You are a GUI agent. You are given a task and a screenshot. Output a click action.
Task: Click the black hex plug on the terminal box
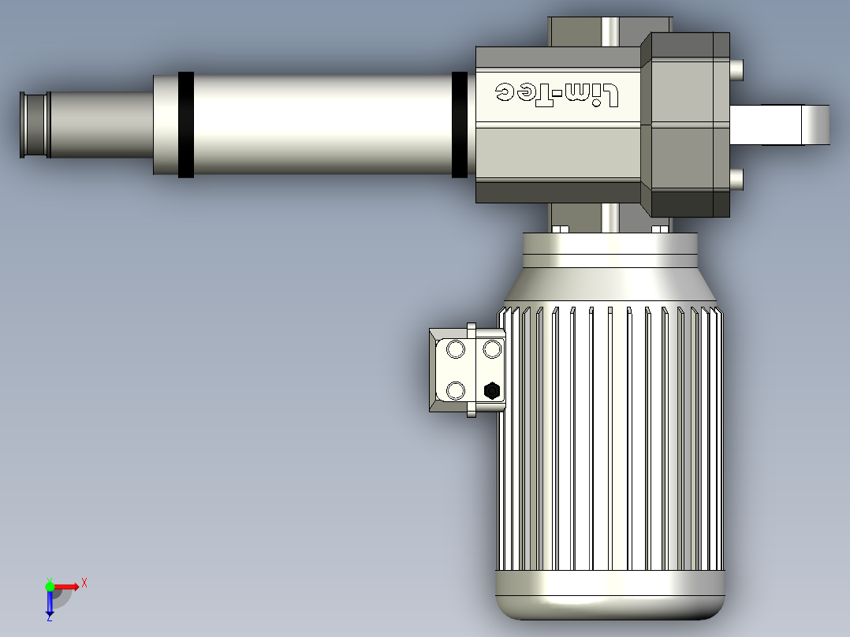(492, 390)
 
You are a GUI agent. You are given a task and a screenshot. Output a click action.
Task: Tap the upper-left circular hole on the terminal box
(456, 350)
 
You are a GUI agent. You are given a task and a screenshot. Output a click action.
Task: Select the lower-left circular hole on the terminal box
(456, 390)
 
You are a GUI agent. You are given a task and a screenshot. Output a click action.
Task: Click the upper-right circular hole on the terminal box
(492, 349)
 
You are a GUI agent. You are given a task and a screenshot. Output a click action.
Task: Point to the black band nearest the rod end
(186, 125)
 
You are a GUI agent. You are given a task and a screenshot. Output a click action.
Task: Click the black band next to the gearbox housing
(460, 125)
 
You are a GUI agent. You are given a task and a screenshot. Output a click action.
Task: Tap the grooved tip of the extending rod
(35, 125)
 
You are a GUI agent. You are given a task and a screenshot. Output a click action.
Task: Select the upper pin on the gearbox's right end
(736, 70)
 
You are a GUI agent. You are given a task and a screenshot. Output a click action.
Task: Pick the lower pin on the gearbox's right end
(736, 180)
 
